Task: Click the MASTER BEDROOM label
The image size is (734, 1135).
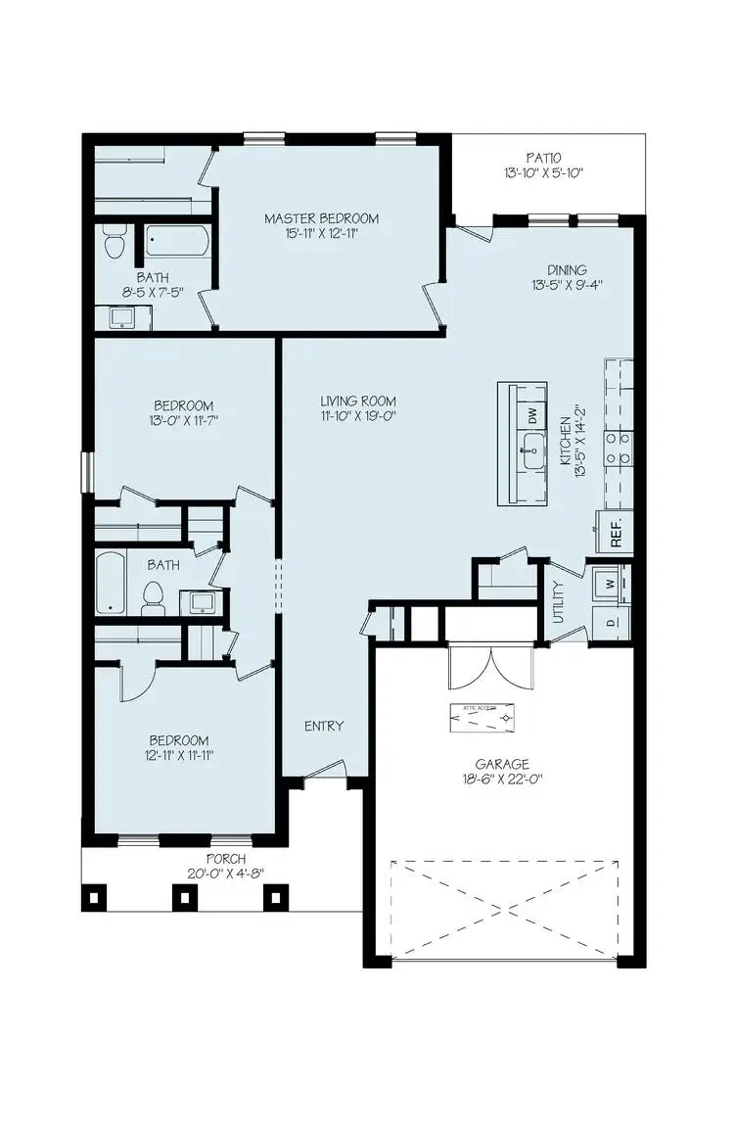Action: [321, 218]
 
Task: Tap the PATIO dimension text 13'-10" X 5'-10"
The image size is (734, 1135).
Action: [542, 174]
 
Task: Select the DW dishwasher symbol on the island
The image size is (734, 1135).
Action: [532, 415]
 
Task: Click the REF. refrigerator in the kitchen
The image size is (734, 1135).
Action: [617, 530]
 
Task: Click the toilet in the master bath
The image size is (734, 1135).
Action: [115, 241]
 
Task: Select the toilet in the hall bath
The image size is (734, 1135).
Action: [153, 595]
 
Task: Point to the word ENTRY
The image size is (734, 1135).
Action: [324, 726]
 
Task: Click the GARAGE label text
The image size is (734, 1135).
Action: [502, 764]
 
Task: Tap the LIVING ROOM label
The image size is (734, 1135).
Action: [358, 401]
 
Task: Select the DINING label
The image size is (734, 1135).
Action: [567, 270]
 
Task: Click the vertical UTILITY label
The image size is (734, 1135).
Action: [559, 602]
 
